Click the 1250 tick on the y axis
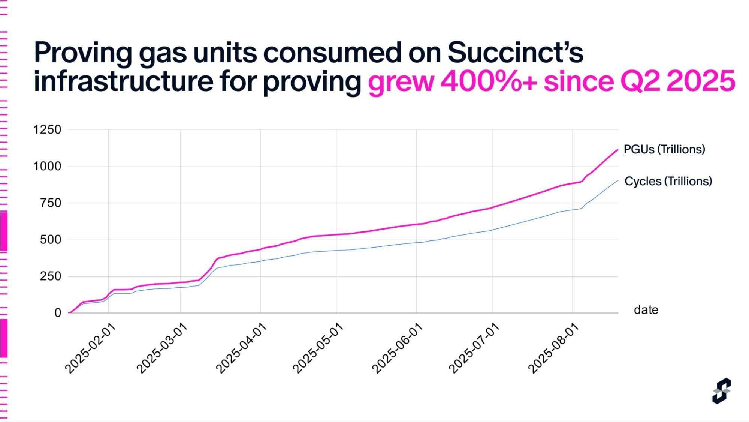click(x=47, y=130)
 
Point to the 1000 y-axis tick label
click(x=47, y=166)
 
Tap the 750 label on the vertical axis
click(x=51, y=203)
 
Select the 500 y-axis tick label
click(x=51, y=239)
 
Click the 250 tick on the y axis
click(x=51, y=276)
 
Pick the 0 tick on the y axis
click(x=58, y=312)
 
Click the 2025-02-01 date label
click(x=90, y=348)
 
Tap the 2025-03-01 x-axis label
click(x=162, y=348)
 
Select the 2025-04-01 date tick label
click(x=241, y=348)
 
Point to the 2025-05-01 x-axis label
click(x=318, y=348)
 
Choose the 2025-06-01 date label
click(x=397, y=348)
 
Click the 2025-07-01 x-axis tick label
click(x=474, y=348)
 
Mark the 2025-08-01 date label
click(x=553, y=348)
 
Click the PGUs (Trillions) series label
click(x=664, y=149)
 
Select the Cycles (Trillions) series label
click(x=668, y=181)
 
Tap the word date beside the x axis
click(x=646, y=310)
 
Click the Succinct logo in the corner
click(x=721, y=391)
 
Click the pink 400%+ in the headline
click(x=489, y=81)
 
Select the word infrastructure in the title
click(x=124, y=81)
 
